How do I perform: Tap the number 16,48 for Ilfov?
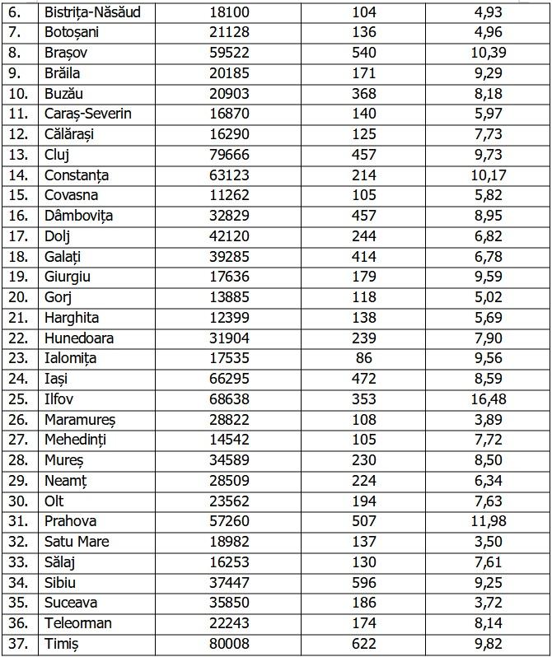coord(489,399)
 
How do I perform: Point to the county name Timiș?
coord(63,644)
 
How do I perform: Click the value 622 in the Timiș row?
coord(363,644)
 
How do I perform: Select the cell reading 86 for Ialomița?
coord(363,359)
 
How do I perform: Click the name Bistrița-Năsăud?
coord(92,13)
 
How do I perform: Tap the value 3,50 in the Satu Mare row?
coord(489,542)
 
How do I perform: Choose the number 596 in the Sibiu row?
coord(363,583)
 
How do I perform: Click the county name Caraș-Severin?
coord(88,114)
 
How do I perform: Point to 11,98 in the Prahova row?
coord(489,521)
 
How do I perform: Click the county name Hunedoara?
coord(79,338)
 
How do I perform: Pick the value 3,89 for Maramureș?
coord(489,420)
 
